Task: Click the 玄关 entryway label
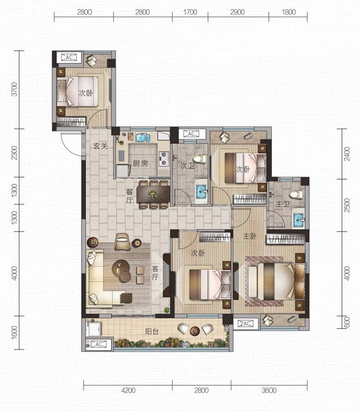[x=101, y=146]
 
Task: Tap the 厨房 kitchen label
[x=140, y=163]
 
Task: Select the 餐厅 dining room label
[x=129, y=196]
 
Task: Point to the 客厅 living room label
[x=155, y=273]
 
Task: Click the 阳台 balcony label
[x=152, y=331]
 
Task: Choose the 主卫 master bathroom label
[x=283, y=204]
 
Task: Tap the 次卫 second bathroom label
[x=187, y=166]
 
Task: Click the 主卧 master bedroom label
[x=249, y=236]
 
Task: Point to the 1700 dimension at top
[x=190, y=12]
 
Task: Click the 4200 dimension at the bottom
[x=128, y=390]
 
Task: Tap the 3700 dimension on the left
[x=14, y=89]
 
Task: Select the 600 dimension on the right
[x=347, y=322]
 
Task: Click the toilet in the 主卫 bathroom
[x=296, y=194]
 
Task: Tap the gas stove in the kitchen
[x=163, y=159]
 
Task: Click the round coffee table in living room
[x=121, y=271]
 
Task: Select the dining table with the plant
[x=153, y=194]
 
